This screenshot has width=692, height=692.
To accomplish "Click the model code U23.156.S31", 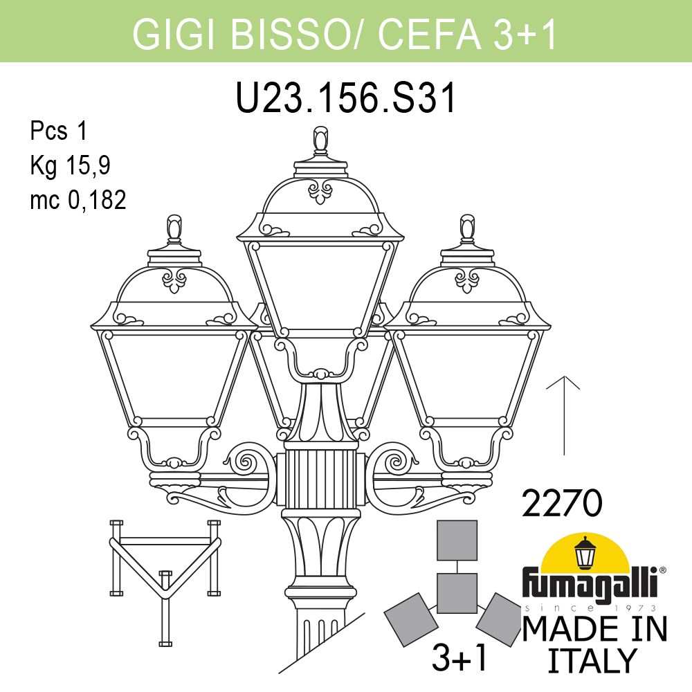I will [346, 99].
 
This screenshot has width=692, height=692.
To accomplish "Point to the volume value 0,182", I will [96, 200].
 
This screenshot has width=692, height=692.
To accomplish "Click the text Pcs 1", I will [58, 131].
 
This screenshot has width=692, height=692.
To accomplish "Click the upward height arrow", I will [567, 415].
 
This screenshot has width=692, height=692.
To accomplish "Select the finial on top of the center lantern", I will [320, 141].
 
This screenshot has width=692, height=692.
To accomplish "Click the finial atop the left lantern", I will [174, 229].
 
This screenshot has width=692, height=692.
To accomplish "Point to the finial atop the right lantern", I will [468, 229].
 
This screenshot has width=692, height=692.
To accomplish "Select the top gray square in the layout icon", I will [457, 540].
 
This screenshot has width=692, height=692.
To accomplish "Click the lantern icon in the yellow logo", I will [586, 554].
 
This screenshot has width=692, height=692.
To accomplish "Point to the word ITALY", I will [591, 660].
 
